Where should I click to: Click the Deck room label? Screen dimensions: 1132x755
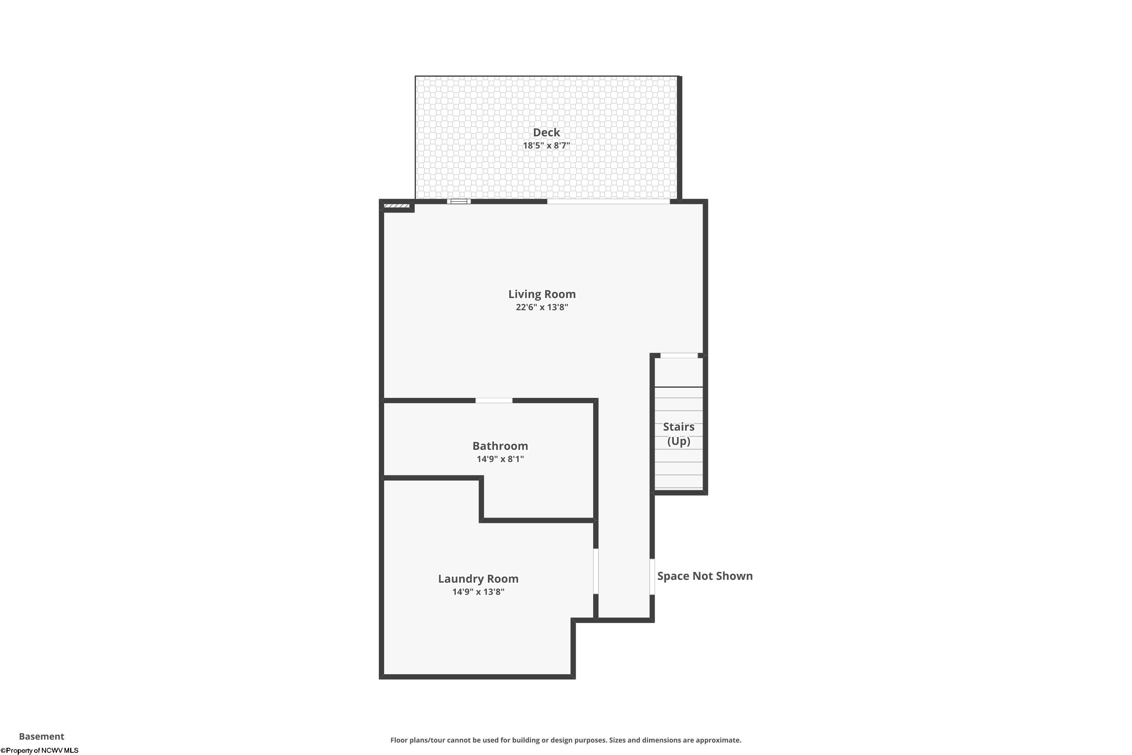(546, 133)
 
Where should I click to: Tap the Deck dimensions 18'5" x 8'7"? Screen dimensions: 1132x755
(546, 145)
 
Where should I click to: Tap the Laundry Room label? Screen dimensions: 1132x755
(478, 579)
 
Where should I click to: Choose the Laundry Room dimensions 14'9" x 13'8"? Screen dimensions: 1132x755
(478, 592)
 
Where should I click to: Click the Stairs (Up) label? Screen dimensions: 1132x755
(678, 434)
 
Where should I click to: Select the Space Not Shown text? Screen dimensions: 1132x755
(705, 576)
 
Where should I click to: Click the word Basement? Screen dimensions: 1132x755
(42, 736)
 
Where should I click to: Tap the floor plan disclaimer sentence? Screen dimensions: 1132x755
(566, 740)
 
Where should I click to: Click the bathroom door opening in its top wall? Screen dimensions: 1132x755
(494, 401)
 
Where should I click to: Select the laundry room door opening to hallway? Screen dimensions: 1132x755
(595, 571)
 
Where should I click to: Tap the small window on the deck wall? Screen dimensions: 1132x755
(459, 201)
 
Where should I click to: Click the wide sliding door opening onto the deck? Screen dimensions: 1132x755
(608, 201)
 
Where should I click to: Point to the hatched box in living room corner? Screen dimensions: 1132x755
(397, 206)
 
